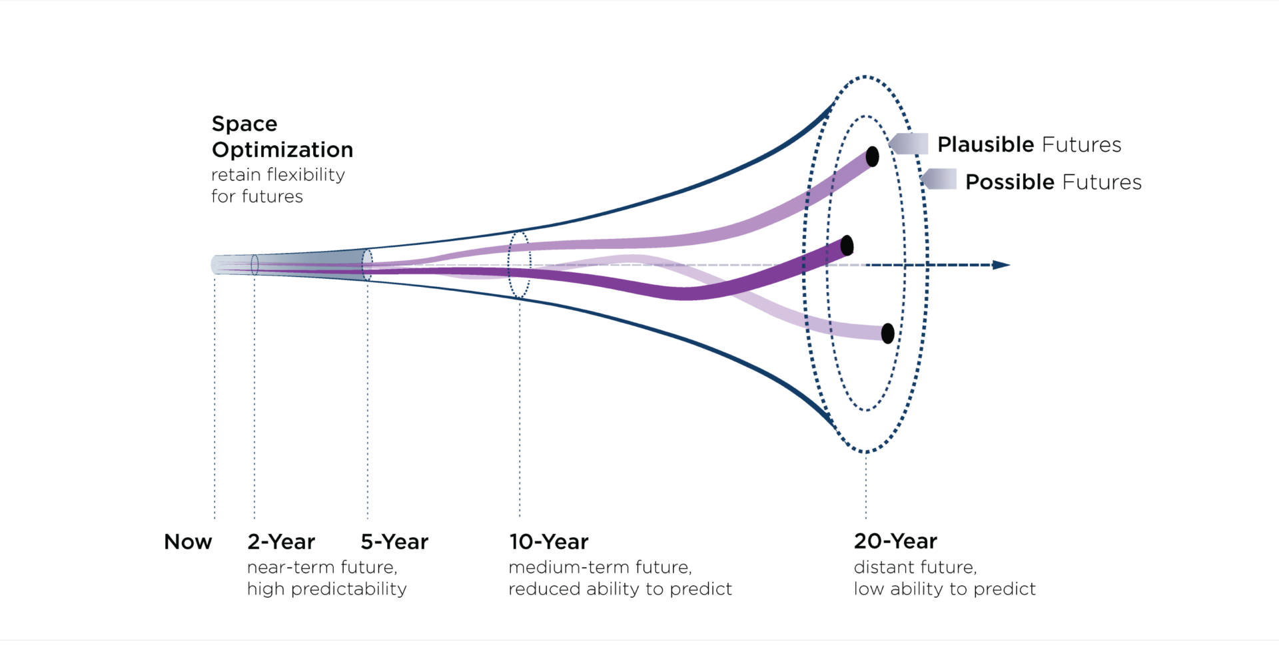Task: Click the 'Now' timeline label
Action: point(188,542)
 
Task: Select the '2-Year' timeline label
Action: point(281,542)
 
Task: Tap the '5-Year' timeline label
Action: point(394,542)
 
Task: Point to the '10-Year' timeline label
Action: point(549,542)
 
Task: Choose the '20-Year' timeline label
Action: point(895,541)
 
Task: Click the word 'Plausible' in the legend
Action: point(986,144)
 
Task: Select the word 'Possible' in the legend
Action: point(1010,182)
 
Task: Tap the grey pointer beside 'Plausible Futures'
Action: point(908,144)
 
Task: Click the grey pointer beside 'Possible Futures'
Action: point(938,179)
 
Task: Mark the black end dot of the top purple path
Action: point(873,157)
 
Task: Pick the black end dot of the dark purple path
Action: point(847,246)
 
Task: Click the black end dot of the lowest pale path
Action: point(888,333)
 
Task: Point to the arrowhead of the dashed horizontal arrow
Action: point(1001,265)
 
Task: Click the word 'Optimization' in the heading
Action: point(282,150)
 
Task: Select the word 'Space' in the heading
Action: point(244,124)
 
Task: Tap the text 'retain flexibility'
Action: point(278,174)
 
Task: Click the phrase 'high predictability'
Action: point(327,589)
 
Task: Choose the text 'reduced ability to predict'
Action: point(620,589)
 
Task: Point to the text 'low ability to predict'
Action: point(945,589)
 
